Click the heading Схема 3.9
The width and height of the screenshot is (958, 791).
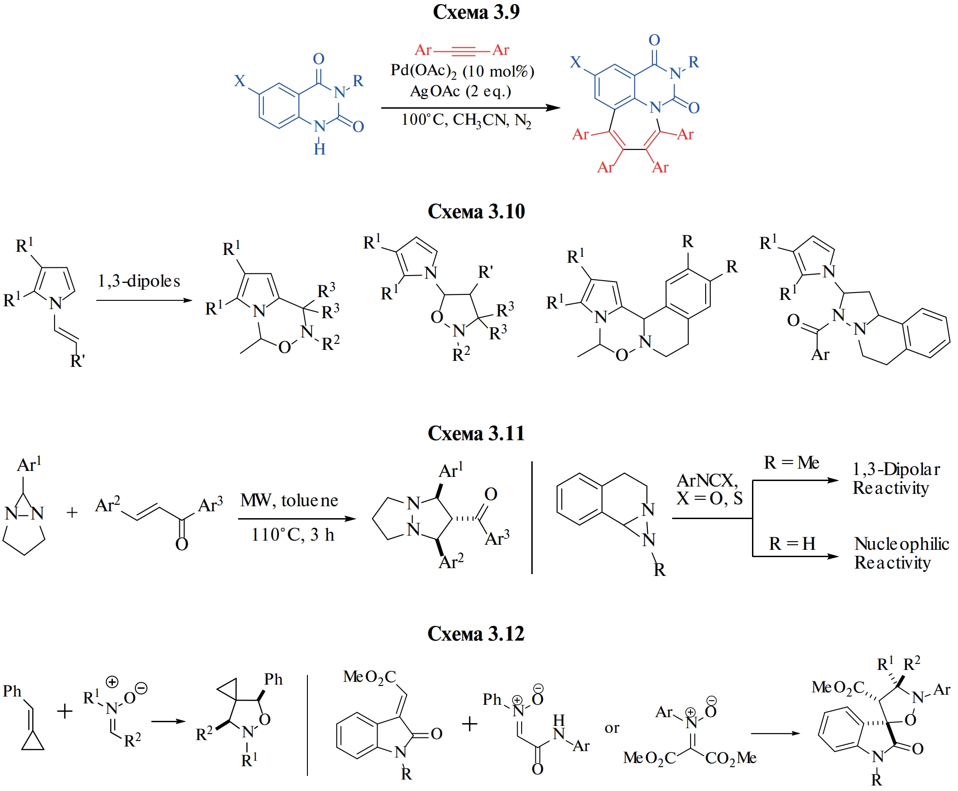click(476, 12)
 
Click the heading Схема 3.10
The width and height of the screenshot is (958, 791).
click(476, 211)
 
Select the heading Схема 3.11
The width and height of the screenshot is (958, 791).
click(476, 433)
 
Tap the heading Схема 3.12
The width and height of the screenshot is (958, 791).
click(476, 634)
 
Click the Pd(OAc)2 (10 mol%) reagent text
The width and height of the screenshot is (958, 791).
click(462, 71)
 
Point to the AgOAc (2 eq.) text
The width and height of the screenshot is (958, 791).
click(460, 91)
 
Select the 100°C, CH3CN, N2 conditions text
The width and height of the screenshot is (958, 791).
click(466, 120)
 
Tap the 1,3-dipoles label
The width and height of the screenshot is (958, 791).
click(139, 281)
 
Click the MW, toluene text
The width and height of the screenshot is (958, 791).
click(289, 500)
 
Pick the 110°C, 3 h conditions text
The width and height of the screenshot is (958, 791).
click(293, 535)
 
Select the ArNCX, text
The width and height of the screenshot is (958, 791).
click(707, 481)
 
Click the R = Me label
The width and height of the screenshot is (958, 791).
click(791, 463)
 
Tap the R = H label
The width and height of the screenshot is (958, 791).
click(792, 544)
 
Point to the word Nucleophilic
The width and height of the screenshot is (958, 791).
click(902, 544)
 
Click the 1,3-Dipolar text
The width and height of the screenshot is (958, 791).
click(896, 469)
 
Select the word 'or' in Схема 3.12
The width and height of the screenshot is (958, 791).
click(612, 728)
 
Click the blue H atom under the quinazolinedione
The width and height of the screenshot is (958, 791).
click(320, 149)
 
